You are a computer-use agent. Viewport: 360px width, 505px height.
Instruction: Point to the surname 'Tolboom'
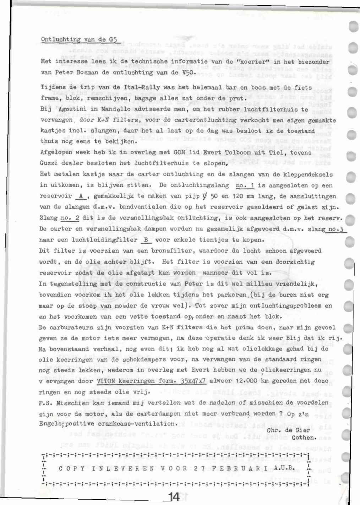tap(240, 153)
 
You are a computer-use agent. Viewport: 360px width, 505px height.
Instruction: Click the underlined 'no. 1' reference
tap(245, 185)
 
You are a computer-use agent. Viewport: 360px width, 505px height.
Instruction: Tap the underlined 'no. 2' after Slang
tap(70, 218)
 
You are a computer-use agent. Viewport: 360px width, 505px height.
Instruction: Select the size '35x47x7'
tap(193, 381)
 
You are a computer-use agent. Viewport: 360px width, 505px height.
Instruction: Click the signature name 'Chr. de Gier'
tap(288, 430)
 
